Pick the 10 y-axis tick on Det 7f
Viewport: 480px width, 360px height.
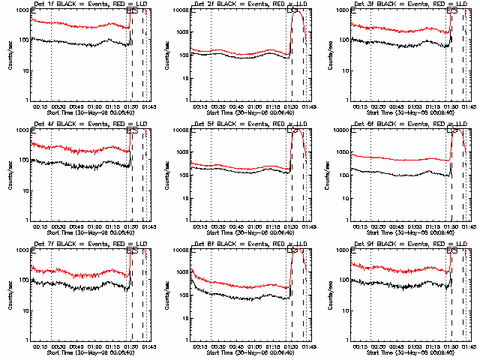[25, 310]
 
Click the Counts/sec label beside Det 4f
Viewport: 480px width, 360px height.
[10, 175]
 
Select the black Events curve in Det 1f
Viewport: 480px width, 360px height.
[75, 43]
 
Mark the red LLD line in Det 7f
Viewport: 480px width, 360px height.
[75, 271]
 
